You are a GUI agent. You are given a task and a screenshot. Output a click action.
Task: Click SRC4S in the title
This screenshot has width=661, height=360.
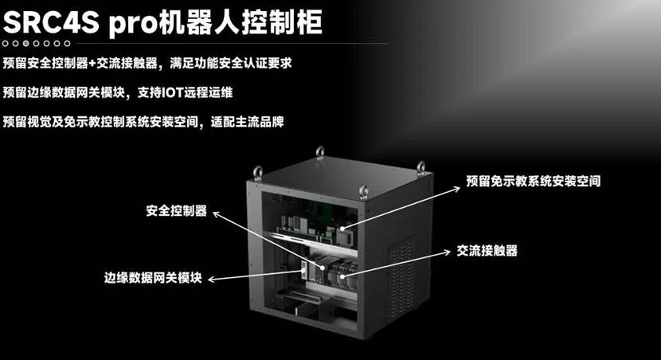click(x=51, y=22)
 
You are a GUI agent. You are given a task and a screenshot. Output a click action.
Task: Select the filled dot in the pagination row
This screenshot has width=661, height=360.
click(x=25, y=43)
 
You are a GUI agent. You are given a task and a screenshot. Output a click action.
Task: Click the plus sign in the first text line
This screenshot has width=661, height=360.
click(x=92, y=64)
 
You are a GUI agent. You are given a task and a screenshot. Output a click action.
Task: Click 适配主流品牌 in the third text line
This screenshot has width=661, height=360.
click(x=248, y=122)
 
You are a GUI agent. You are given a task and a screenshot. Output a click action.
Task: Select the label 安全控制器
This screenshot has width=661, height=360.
click(x=177, y=211)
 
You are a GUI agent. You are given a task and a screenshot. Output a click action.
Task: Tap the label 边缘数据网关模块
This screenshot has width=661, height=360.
click(x=153, y=278)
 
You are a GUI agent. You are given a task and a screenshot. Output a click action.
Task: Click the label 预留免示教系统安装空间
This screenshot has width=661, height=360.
click(x=534, y=182)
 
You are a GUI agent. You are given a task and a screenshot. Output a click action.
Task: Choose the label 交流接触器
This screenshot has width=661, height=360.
click(x=487, y=251)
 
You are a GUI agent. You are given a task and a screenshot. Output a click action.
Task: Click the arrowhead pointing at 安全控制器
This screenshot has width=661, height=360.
click(x=217, y=214)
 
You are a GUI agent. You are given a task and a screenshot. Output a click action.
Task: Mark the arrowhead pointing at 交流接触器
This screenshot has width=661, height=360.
click(x=448, y=252)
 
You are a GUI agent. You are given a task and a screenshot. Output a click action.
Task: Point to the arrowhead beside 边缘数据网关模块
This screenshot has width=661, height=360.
click(x=212, y=279)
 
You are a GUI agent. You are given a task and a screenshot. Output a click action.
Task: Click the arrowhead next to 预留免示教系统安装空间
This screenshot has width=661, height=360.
click(x=456, y=190)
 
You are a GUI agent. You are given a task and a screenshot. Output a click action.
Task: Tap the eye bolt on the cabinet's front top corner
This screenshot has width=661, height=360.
click(x=364, y=191)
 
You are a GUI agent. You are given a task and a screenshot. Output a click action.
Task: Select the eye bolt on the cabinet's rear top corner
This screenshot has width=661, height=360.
click(x=320, y=153)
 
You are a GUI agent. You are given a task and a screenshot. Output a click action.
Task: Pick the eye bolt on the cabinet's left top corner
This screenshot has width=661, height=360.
click(x=257, y=174)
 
